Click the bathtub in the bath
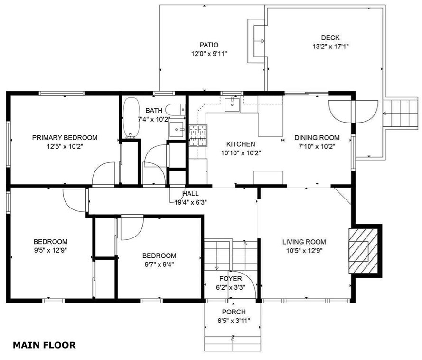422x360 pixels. [131, 117]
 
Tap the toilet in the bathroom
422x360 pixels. [178, 110]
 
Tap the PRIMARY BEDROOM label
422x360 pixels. [65, 138]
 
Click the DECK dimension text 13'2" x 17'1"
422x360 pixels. [330, 47]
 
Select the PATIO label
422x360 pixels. [209, 46]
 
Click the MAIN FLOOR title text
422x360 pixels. [44, 345]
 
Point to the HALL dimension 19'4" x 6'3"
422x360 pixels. [191, 202]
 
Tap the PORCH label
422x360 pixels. [234, 312]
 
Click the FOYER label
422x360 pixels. [231, 278]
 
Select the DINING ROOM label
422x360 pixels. [317, 138]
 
